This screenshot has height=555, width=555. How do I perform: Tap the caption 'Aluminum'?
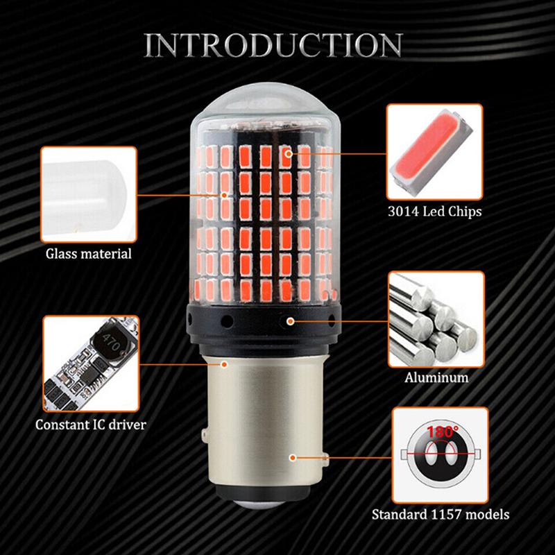pos(436,379)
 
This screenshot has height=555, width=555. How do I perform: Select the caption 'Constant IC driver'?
pos(91,423)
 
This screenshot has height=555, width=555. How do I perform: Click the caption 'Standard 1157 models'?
pos(441,515)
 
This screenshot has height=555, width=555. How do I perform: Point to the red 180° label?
pos(443,432)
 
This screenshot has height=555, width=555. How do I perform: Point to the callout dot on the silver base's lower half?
pos(294,457)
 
